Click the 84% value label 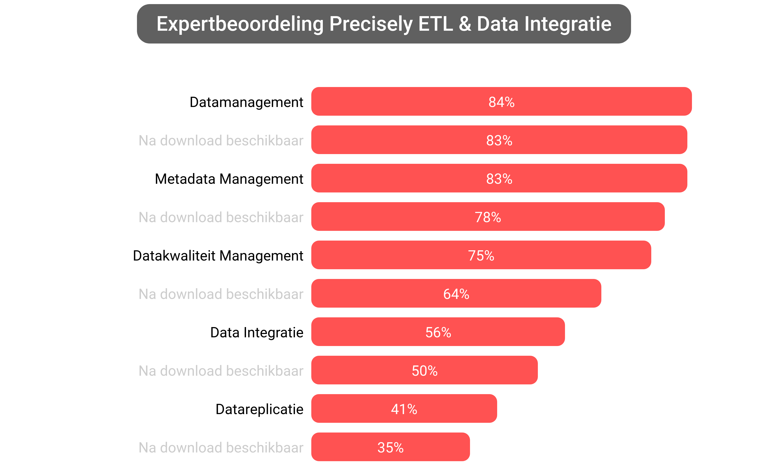(501, 102)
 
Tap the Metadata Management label (229, 179)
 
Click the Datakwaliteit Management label (218, 256)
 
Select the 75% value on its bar (481, 255)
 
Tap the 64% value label (456, 294)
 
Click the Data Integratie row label (257, 332)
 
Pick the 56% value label (438, 332)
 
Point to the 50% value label (424, 371)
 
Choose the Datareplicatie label (259, 409)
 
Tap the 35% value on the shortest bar (390, 447)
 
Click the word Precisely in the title (371, 24)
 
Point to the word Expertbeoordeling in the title (240, 24)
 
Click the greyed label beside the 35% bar (221, 447)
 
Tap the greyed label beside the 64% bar (221, 294)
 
